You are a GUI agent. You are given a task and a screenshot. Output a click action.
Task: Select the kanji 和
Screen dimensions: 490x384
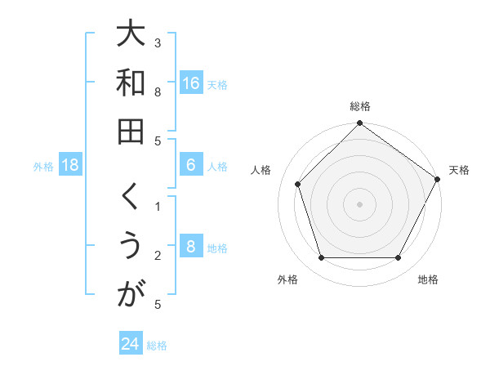131,83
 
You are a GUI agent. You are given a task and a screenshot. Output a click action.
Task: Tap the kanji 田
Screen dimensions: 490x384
131,131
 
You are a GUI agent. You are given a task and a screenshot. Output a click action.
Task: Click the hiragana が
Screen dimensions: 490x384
131,295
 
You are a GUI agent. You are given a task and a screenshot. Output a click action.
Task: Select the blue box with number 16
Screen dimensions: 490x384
191,83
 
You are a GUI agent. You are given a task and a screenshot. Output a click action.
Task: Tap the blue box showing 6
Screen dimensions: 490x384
191,166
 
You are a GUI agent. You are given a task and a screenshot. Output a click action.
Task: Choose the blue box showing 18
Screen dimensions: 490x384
70,166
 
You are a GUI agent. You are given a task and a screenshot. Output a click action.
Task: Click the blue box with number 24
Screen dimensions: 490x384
131,344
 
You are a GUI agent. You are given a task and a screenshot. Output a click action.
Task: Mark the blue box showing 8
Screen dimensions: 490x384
191,248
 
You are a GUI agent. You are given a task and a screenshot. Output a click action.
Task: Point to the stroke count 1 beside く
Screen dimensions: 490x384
158,206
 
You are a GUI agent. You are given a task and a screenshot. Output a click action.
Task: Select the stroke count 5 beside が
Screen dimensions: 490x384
158,304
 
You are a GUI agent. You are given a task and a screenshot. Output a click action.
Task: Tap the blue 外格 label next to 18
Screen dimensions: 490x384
43,167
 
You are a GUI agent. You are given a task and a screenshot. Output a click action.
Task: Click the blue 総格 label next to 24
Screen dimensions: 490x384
157,345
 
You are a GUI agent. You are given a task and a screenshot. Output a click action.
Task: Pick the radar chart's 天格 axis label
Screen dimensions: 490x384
459,170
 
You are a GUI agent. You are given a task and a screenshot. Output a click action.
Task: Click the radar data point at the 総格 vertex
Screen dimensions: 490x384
359,124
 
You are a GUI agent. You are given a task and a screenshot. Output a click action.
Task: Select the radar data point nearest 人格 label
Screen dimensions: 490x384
298,184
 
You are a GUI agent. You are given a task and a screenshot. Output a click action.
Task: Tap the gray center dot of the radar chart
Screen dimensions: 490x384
359,203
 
